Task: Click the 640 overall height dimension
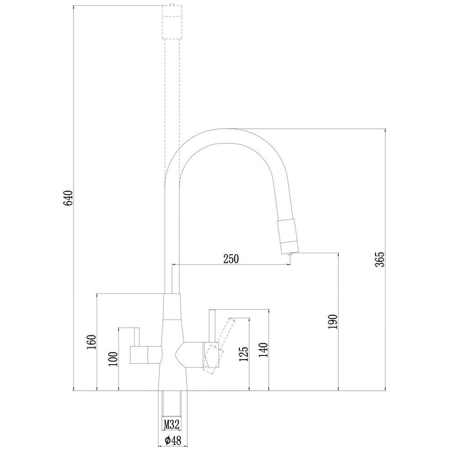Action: tap(69, 198)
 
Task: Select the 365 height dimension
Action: tap(380, 259)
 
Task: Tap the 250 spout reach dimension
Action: tap(231, 259)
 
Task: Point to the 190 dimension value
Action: tap(333, 322)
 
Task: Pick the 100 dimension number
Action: tap(113, 359)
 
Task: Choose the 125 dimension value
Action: tap(244, 354)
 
